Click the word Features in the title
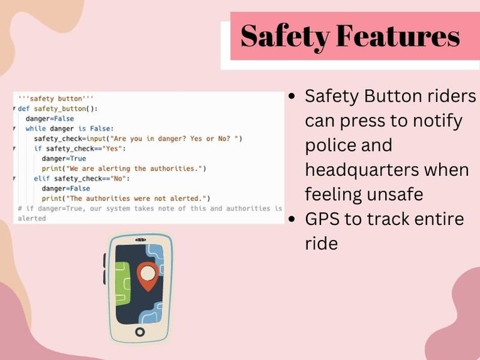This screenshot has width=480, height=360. (x=398, y=36)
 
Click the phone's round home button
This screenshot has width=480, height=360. (x=139, y=331)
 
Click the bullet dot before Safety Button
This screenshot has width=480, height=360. (x=292, y=97)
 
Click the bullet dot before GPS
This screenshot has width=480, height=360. (x=292, y=220)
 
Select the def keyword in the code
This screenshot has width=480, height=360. (x=23, y=108)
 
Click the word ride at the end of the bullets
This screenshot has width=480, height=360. (x=321, y=244)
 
